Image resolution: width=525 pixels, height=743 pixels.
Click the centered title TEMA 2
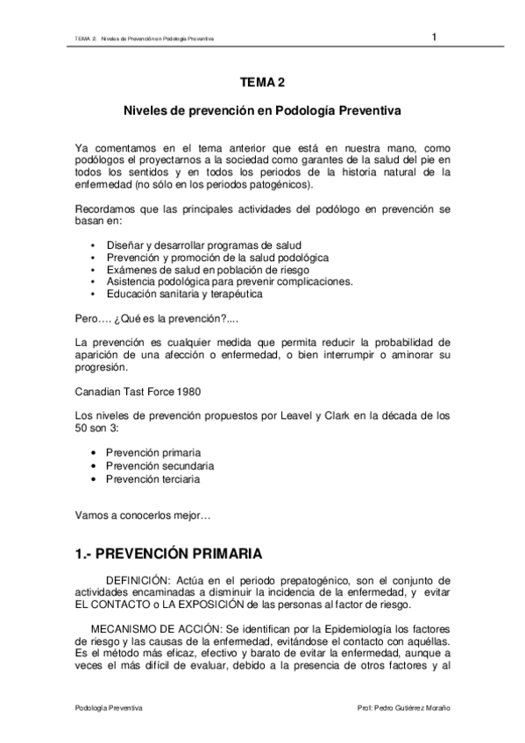262,83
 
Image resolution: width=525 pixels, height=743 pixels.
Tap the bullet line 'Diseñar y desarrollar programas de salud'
202,246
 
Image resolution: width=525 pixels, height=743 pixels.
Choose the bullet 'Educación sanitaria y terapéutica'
184,294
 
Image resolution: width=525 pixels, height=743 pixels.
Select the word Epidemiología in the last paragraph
331,629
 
